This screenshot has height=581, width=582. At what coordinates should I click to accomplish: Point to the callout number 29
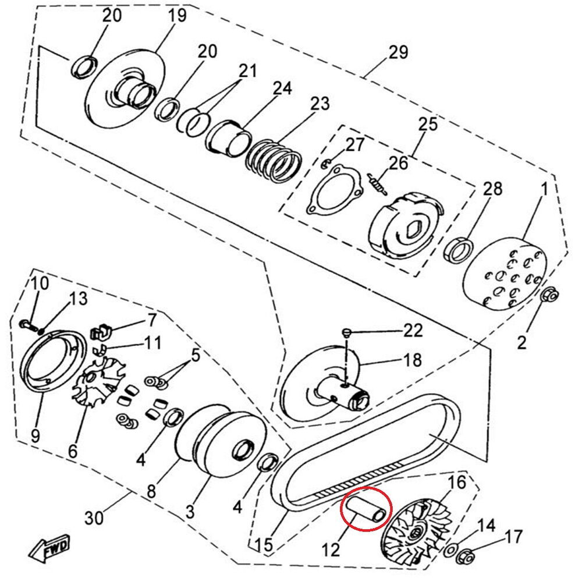point(398,52)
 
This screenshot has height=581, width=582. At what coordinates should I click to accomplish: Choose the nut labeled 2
point(549,296)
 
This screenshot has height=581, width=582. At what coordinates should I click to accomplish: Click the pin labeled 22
point(346,332)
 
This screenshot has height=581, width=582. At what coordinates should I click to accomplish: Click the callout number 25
point(427,124)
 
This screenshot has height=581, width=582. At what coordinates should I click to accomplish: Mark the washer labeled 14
point(450,550)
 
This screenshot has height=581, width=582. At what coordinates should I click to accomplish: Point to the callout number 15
point(264,545)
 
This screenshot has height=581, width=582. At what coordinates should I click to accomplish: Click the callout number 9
point(36,435)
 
